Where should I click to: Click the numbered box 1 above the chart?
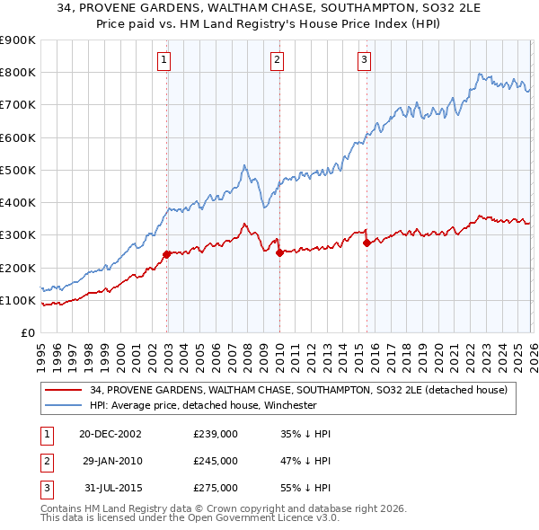click(x=164, y=60)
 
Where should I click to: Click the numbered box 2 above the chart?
click(x=277, y=60)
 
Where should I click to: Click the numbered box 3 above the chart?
click(x=364, y=60)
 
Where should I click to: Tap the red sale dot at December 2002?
click(x=167, y=254)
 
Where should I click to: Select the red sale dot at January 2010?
click(x=279, y=252)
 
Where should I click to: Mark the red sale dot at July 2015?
click(x=367, y=243)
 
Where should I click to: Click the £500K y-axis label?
click(x=18, y=170)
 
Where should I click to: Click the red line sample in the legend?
click(x=64, y=390)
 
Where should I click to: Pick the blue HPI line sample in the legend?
click(x=64, y=405)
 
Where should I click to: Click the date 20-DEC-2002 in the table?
click(x=110, y=434)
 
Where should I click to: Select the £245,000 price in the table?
click(x=215, y=461)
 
